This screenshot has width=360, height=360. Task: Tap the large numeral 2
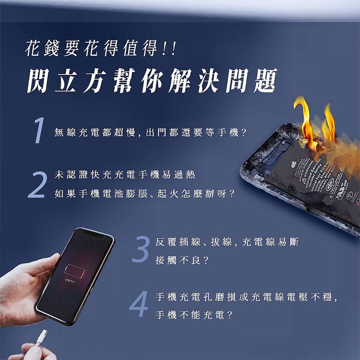37,184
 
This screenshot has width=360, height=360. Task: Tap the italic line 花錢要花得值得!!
100,49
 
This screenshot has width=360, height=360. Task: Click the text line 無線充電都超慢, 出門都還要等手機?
150,133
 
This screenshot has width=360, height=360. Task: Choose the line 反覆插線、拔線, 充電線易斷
227,241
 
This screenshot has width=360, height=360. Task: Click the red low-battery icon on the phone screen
74,271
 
